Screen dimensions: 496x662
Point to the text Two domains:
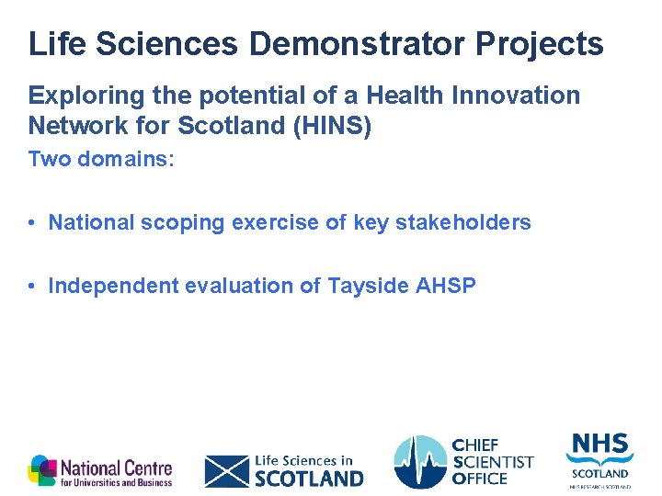click(101, 159)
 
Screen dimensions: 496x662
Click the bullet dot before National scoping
click(31, 223)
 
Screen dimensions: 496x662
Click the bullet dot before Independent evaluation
click(31, 287)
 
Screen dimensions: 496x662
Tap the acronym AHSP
click(446, 286)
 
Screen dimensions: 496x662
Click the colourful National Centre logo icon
click(42, 470)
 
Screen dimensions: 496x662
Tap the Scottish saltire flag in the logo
click(227, 470)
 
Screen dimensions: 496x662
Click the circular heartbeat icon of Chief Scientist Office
click(420, 463)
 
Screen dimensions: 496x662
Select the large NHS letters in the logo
click(599, 445)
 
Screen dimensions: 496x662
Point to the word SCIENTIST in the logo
click(494, 462)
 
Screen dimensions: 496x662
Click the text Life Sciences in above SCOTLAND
click(303, 460)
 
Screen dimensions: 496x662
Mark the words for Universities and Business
click(117, 482)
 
